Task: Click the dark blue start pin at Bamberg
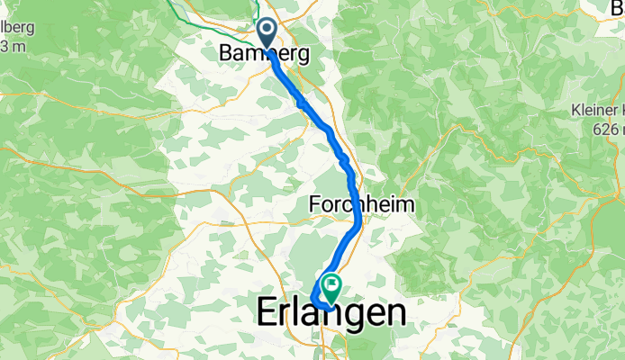coord(268,33)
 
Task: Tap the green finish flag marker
coord(331,287)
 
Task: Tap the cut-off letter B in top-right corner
coord(618,7)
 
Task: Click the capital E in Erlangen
coord(267,313)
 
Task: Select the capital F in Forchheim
coord(315,204)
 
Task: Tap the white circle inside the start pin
coord(268,30)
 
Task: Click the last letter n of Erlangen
coord(394,313)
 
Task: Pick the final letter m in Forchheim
coord(406,204)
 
